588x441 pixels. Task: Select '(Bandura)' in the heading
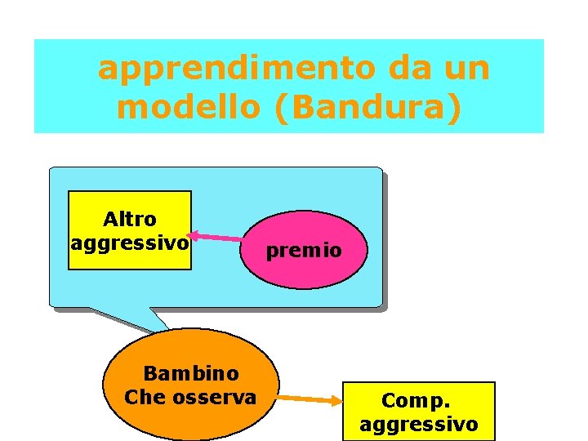click(369, 108)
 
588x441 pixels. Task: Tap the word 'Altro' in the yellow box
click(129, 219)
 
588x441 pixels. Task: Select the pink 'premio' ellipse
click(305, 249)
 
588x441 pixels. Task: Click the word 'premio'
click(305, 251)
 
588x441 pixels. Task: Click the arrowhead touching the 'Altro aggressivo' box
click(195, 235)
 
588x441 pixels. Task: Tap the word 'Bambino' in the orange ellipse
click(191, 373)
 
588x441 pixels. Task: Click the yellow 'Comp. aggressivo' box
click(418, 411)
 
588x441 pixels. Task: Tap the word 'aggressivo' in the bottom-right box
click(418, 424)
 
